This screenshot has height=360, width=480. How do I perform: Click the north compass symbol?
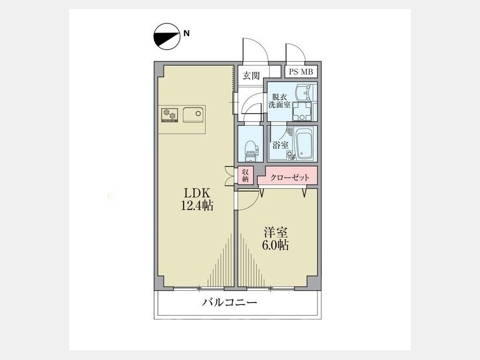click(166, 36)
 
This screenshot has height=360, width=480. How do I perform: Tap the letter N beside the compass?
click(187, 34)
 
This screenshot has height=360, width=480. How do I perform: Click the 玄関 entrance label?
click(251, 75)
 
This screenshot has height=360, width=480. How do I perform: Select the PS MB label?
click(301, 72)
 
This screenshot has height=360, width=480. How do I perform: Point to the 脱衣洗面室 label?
click(279, 101)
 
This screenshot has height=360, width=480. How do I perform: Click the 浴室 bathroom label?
click(281, 145)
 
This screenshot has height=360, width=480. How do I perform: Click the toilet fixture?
click(251, 151)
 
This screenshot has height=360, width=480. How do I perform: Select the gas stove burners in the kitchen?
click(170, 116)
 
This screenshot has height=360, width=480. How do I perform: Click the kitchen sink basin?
click(194, 115)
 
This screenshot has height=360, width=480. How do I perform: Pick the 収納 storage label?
click(245, 175)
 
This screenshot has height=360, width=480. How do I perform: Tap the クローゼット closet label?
click(290, 178)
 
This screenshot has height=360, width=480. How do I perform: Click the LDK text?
click(197, 194)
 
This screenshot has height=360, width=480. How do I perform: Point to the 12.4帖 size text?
click(197, 205)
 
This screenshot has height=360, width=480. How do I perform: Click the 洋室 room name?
click(276, 233)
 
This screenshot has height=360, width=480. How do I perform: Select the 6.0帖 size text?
click(275, 245)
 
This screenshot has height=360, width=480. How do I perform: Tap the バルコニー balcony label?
click(229, 303)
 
